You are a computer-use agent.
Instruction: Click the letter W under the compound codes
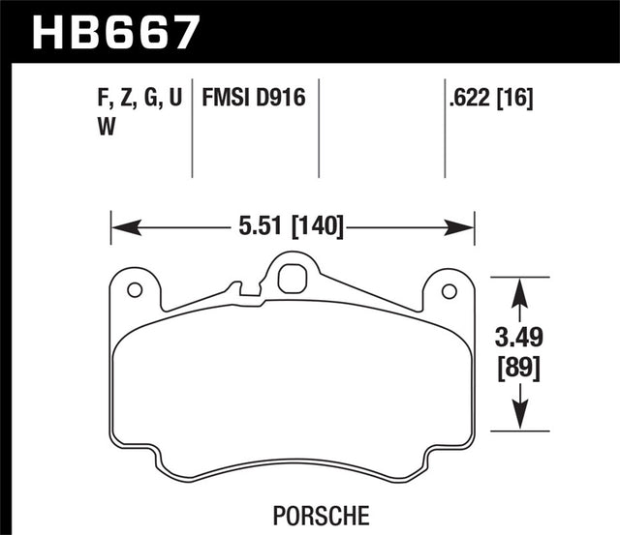coord(104,125)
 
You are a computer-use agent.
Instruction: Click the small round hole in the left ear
coord(135,288)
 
